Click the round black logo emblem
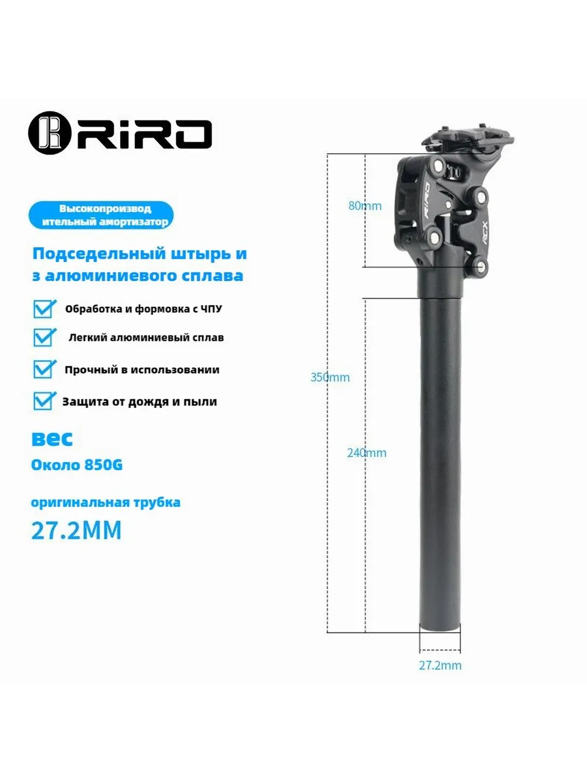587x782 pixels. click(x=50, y=132)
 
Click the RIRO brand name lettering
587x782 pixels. click(x=144, y=134)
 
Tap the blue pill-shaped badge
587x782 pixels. click(x=101, y=215)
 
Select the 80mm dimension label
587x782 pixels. click(x=365, y=206)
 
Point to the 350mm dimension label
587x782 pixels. click(x=330, y=377)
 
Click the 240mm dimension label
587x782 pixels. click(x=367, y=453)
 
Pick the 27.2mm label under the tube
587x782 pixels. click(x=440, y=665)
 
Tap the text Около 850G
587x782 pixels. click(x=76, y=465)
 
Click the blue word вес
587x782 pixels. click(x=52, y=439)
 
